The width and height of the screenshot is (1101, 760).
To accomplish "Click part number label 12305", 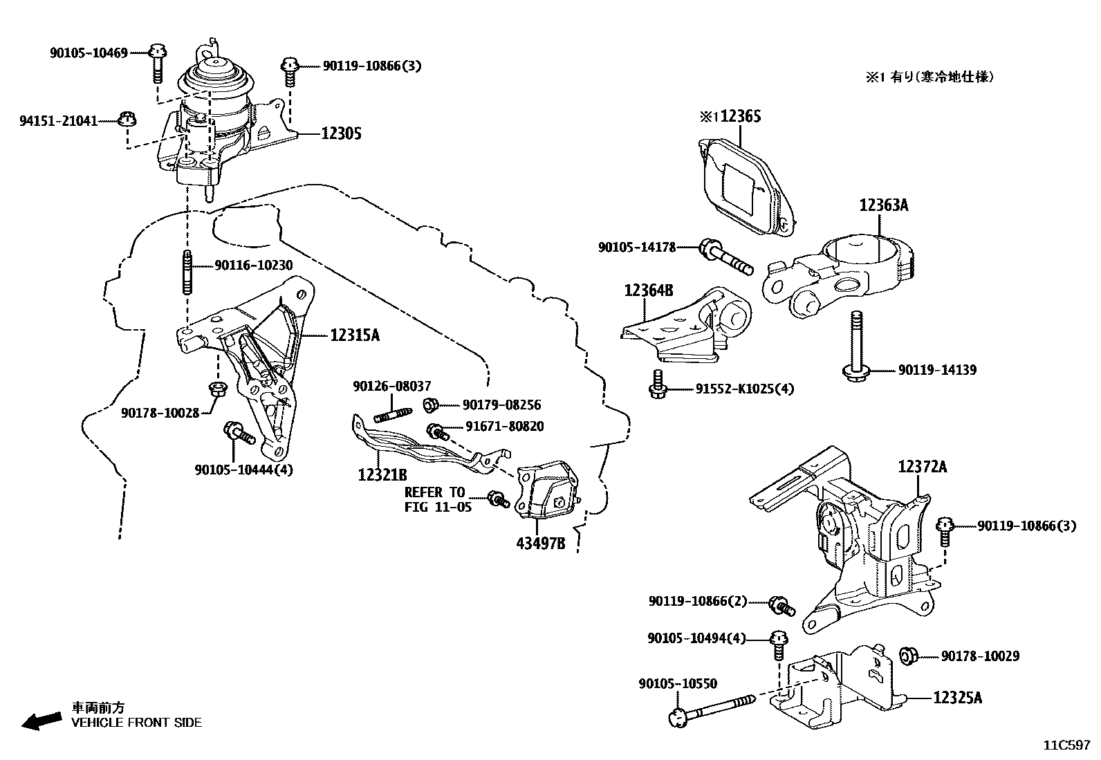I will (x=341, y=133).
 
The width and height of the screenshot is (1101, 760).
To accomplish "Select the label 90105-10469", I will (x=89, y=53).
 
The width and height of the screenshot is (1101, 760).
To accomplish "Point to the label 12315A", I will (x=355, y=335).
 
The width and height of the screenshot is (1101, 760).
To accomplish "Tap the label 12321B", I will (x=382, y=475).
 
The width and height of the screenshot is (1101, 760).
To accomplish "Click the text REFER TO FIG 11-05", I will (x=438, y=499).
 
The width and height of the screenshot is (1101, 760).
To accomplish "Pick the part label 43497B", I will (x=540, y=544).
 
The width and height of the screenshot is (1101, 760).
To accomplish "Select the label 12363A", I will (x=883, y=205).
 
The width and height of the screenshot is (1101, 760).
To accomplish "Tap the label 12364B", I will (x=648, y=290).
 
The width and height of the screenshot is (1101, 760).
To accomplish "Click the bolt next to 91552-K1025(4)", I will (x=658, y=384).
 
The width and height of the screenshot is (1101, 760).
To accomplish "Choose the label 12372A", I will (x=923, y=467).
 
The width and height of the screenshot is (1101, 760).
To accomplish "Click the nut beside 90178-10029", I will (x=910, y=655).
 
